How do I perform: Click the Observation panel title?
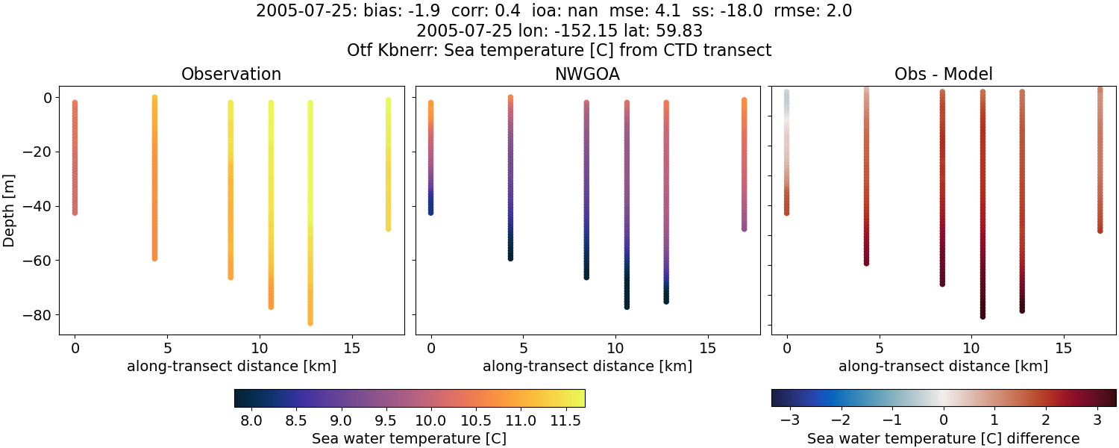coord(231,75)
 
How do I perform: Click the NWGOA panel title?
coord(587,75)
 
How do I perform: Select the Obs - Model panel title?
coord(943,75)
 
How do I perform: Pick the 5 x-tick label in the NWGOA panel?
coord(524,348)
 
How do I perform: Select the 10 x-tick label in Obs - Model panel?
coord(971,348)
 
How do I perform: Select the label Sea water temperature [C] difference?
coord(943,438)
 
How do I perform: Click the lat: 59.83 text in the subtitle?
coord(661,31)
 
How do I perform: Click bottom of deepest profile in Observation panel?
coord(310,323)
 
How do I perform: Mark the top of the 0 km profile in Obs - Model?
coord(786,93)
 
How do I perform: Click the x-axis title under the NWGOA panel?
coord(587,367)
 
